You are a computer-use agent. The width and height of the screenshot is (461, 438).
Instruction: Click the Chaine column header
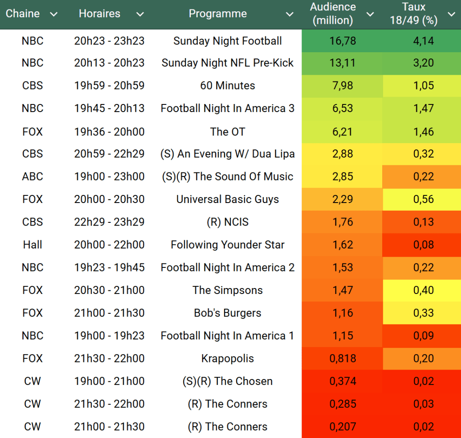click(x=23, y=14)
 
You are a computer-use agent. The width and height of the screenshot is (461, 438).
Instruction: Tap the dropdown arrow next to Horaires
click(x=140, y=14)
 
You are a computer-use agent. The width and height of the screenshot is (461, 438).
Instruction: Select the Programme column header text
click(x=217, y=14)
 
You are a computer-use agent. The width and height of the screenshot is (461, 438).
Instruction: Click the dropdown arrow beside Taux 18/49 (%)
click(x=451, y=14)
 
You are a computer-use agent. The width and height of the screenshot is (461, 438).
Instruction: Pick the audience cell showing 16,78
click(x=343, y=41)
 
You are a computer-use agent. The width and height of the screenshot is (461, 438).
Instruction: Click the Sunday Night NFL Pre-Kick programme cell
click(x=227, y=63)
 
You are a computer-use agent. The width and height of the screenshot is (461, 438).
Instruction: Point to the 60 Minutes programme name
click(x=227, y=86)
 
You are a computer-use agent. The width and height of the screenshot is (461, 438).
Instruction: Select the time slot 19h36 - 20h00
click(x=109, y=131)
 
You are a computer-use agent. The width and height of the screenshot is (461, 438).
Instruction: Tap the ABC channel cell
click(x=32, y=176)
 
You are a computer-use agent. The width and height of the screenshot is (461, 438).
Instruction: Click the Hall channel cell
click(x=32, y=245)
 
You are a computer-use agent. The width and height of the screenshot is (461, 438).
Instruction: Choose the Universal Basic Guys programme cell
click(x=227, y=199)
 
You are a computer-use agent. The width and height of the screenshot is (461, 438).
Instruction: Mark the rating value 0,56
click(x=423, y=199)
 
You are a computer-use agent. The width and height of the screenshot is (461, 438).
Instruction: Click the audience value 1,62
click(x=343, y=245)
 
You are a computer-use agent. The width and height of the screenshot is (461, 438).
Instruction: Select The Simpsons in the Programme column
click(x=227, y=290)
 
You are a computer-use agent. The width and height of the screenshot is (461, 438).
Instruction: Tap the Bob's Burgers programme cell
click(x=227, y=313)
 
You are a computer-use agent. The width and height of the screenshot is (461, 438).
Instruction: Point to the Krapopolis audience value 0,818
click(x=343, y=358)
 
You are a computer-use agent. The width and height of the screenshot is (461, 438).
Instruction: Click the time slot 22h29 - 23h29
click(x=109, y=222)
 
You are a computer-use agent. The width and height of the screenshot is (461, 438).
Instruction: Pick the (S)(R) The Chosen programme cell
click(x=227, y=381)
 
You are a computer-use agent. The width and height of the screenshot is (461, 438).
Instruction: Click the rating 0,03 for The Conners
click(x=423, y=404)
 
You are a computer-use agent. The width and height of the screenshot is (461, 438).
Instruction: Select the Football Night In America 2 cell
click(x=227, y=267)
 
